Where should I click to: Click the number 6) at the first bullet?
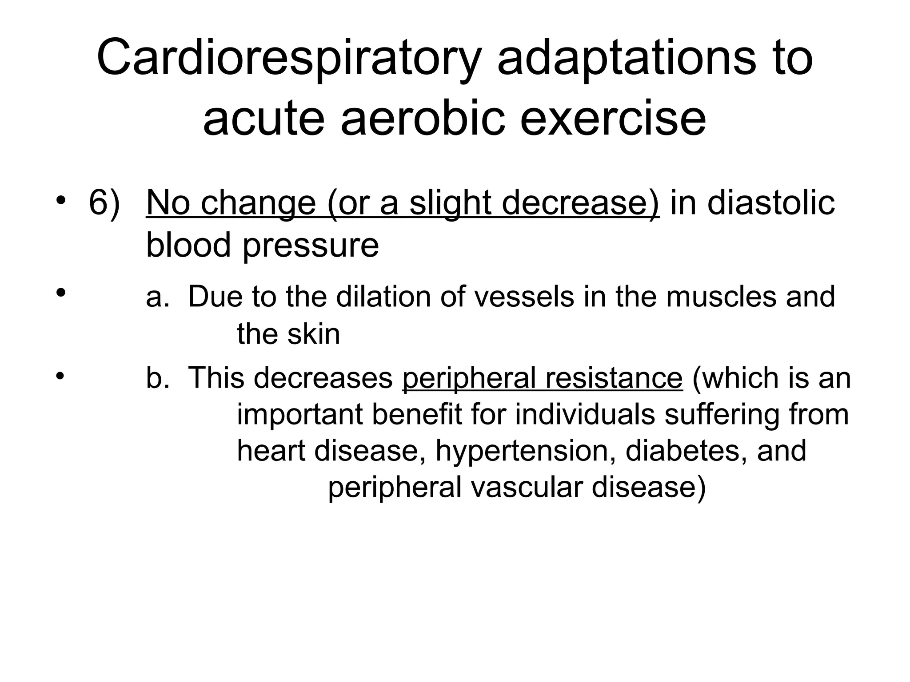[104, 203]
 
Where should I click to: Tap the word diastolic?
[771, 203]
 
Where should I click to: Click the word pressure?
[311, 245]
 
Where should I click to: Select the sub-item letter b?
[157, 378]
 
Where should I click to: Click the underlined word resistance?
[614, 378]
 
